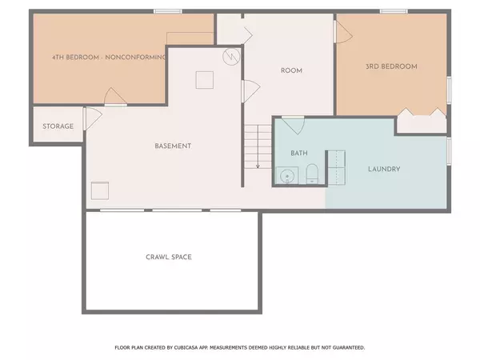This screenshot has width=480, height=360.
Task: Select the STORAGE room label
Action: click(58, 126)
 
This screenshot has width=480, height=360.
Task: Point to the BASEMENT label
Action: click(173, 146)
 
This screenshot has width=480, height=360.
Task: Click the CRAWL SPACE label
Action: click(169, 257)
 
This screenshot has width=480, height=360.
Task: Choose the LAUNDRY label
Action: click(383, 169)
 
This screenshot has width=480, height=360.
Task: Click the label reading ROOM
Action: click(291, 70)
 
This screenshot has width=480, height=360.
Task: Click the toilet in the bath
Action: click(312, 174)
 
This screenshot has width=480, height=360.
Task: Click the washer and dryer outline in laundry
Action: click(336, 166)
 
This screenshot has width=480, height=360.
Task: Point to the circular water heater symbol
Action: click(231, 57)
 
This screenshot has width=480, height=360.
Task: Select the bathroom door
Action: click(293, 126)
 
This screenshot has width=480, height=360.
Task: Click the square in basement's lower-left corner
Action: click(100, 190)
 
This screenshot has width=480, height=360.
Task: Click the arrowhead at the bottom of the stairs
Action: click(258, 166)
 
